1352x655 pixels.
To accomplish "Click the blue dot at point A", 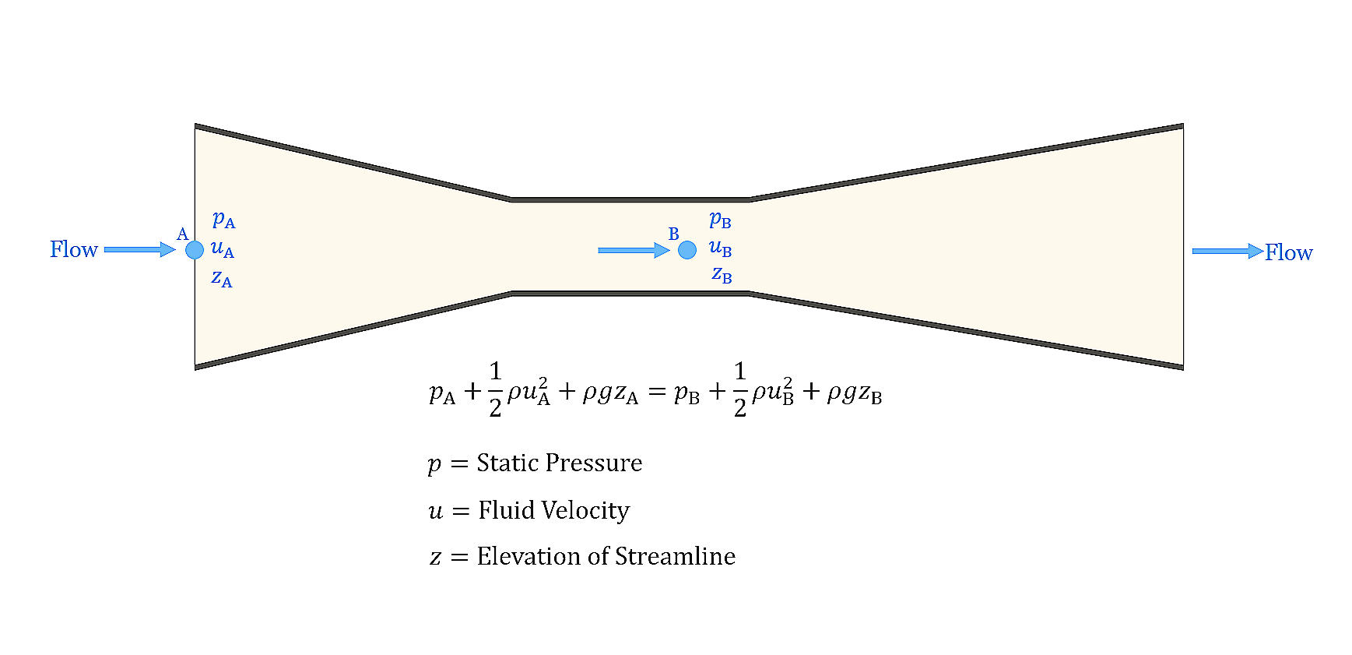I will (x=195, y=250).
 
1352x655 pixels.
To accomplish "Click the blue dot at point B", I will (x=687, y=250).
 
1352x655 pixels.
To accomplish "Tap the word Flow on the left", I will (x=74, y=250).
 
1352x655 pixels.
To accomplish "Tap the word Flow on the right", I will (x=1288, y=252).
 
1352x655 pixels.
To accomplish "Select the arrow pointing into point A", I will (x=140, y=250).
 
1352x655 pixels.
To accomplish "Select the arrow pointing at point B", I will (x=634, y=250).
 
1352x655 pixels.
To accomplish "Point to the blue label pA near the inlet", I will (x=223, y=220).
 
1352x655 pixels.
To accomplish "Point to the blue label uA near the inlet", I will (x=223, y=249).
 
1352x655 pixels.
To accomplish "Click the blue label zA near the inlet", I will (x=222, y=278).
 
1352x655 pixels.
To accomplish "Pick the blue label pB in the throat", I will (x=720, y=220).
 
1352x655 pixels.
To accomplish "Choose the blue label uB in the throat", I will (x=720, y=248).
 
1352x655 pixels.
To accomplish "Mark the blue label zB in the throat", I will (x=722, y=275).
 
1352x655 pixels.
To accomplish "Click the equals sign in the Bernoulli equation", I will (x=657, y=393).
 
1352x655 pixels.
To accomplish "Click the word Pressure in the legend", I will (x=598, y=463).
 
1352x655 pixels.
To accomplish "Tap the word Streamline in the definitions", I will (x=675, y=556).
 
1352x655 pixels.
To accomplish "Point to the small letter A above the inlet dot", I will (x=183, y=234).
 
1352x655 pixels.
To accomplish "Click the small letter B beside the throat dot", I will (x=674, y=234).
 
